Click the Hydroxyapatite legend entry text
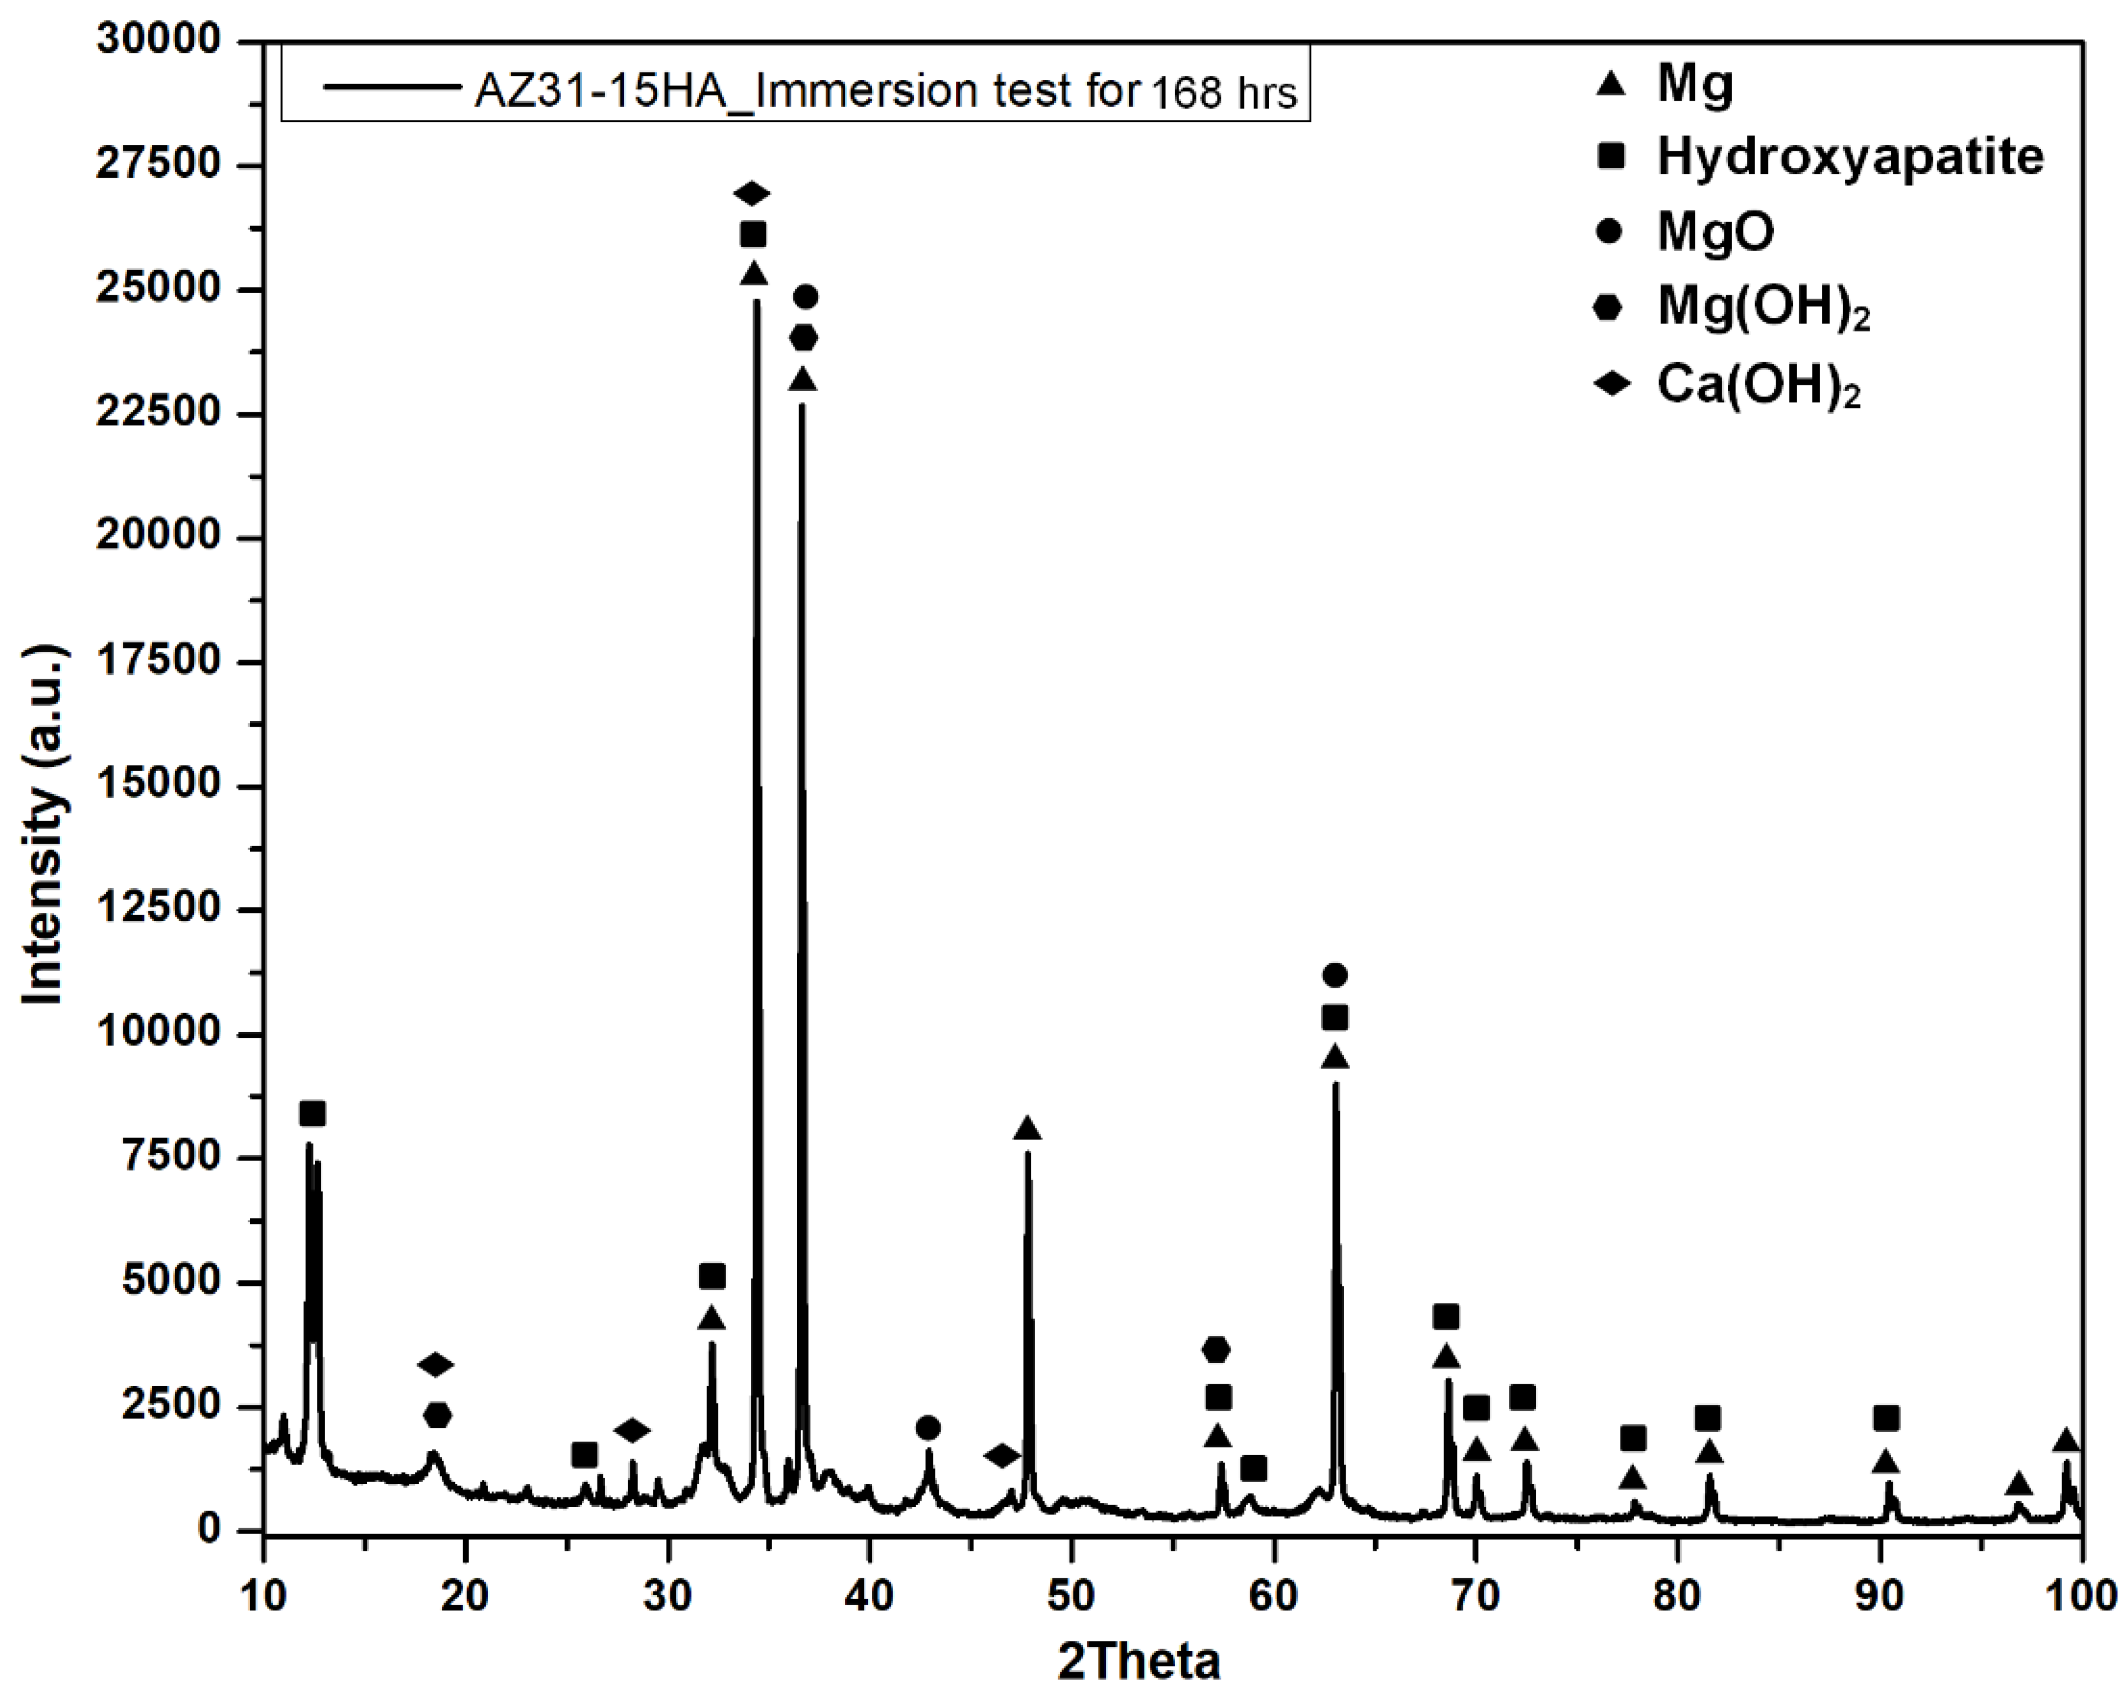pyautogui.click(x=1849, y=157)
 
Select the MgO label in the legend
pyautogui.click(x=1715, y=232)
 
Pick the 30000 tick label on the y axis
pyautogui.click(x=158, y=40)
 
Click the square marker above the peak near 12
pyautogui.click(x=312, y=1114)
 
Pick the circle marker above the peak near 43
pyautogui.click(x=928, y=1428)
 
